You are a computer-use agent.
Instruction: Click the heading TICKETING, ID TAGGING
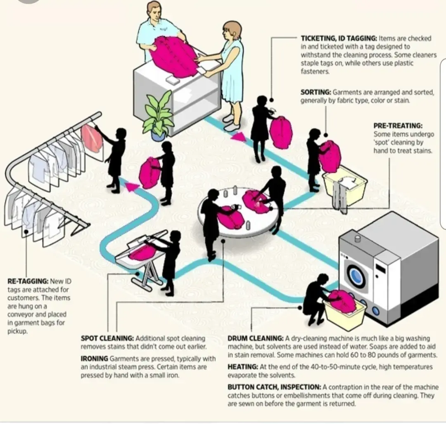[339, 38]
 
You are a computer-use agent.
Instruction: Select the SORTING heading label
[316, 93]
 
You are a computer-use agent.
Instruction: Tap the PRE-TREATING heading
[399, 126]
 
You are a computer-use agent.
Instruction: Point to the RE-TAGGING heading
[28, 281]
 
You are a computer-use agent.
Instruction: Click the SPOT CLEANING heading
[107, 338]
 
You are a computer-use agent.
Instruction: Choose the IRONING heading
[94, 359]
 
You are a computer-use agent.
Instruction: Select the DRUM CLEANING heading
[255, 338]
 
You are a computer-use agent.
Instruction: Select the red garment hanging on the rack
[92, 138]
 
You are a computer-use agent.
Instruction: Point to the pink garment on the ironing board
[142, 252]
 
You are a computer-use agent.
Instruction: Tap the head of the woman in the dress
[231, 31]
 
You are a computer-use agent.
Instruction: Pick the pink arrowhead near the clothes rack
[131, 187]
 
